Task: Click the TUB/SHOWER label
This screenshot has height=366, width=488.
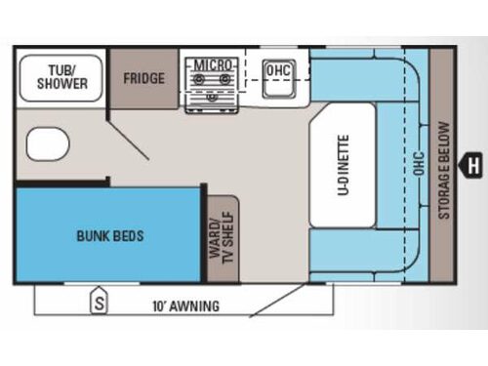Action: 61,77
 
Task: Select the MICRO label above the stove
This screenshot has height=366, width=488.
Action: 213,64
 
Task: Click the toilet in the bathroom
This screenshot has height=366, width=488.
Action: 45,146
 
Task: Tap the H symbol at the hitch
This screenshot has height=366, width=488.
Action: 474,165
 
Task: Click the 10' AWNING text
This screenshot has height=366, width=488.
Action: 185,305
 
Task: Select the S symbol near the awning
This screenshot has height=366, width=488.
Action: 99,302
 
